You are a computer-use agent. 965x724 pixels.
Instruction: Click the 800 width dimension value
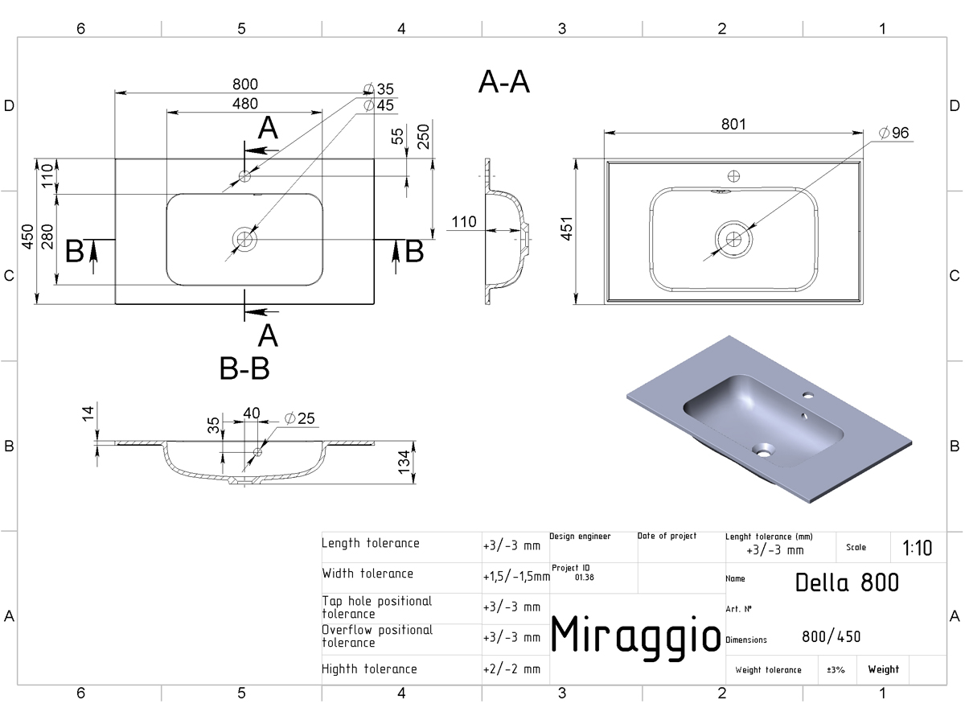pos(245,84)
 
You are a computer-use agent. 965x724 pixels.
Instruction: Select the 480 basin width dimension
pos(245,104)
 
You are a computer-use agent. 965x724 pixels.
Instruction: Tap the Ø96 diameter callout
pos(893,132)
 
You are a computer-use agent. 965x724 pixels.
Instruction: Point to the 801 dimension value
pos(733,124)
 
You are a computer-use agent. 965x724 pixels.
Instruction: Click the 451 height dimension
pos(567,228)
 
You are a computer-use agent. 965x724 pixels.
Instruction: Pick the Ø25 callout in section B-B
pos(299,418)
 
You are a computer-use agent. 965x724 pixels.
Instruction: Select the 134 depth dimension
pos(404,463)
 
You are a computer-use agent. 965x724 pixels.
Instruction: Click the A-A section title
pos(504,82)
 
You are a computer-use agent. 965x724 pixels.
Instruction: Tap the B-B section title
pos(244,368)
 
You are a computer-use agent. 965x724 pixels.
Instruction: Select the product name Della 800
pos(847,582)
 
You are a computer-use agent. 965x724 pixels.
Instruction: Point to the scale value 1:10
pos(917,548)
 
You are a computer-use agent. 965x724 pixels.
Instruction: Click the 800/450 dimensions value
pos(831,636)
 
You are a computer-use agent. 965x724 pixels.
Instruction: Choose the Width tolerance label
pos(368,574)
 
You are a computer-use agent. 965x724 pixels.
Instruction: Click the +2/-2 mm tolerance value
pos(511,669)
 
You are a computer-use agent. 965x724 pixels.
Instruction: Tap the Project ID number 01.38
pos(585,577)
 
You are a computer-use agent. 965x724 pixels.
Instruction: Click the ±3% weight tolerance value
pos(836,669)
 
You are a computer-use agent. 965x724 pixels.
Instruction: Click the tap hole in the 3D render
pos(808,395)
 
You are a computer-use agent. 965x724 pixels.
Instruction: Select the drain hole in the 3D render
pos(763,450)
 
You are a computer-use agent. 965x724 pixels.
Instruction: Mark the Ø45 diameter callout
pos(379,105)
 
